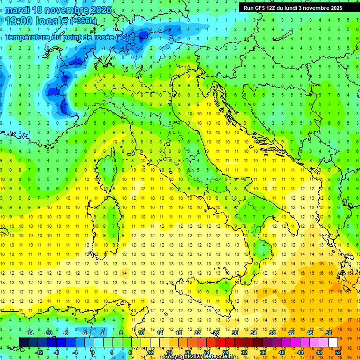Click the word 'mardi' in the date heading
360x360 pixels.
pos(16,10)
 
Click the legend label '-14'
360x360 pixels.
pos(30,333)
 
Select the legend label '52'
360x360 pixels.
pos(337,352)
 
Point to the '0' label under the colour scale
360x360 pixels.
pos(93,352)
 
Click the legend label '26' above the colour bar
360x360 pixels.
pos(216,333)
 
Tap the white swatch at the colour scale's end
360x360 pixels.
pos(333,342)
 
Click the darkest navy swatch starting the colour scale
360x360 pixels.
pos(23,342)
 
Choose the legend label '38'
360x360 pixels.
pos(272,333)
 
